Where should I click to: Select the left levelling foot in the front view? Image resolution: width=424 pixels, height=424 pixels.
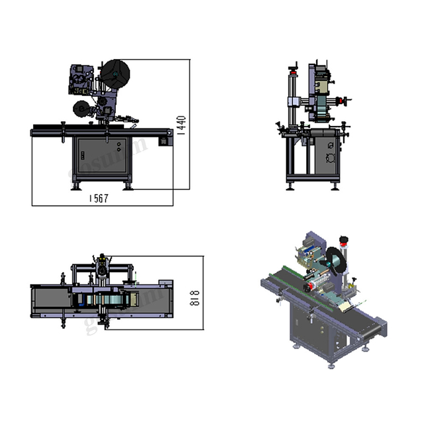click(x=75, y=187)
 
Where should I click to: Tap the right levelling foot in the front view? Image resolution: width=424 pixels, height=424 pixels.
click(x=128, y=187)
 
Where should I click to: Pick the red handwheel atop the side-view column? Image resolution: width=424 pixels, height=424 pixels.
click(x=293, y=67)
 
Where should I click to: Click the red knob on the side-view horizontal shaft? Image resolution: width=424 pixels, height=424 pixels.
click(x=343, y=101)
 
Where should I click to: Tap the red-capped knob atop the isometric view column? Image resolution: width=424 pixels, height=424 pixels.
click(x=343, y=240)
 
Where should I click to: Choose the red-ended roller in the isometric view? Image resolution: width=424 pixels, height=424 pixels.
click(x=309, y=287)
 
